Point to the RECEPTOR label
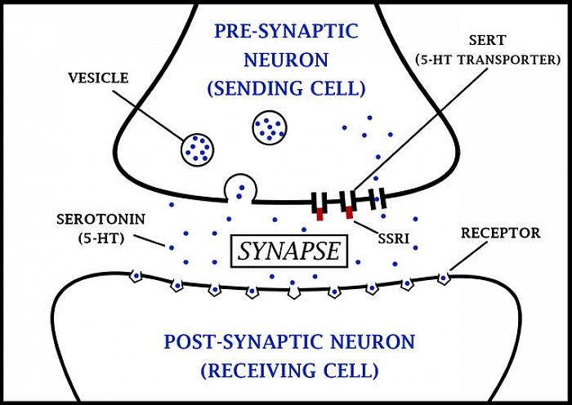click(500, 233)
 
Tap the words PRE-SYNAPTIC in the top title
click(286, 31)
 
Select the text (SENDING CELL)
click(286, 87)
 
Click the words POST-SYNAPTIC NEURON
click(289, 341)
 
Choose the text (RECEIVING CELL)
click(289, 370)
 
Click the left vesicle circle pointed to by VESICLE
click(197, 148)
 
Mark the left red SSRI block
click(321, 215)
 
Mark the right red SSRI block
click(350, 213)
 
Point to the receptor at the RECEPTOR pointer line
click(444, 278)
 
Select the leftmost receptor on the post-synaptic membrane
click(136, 278)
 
